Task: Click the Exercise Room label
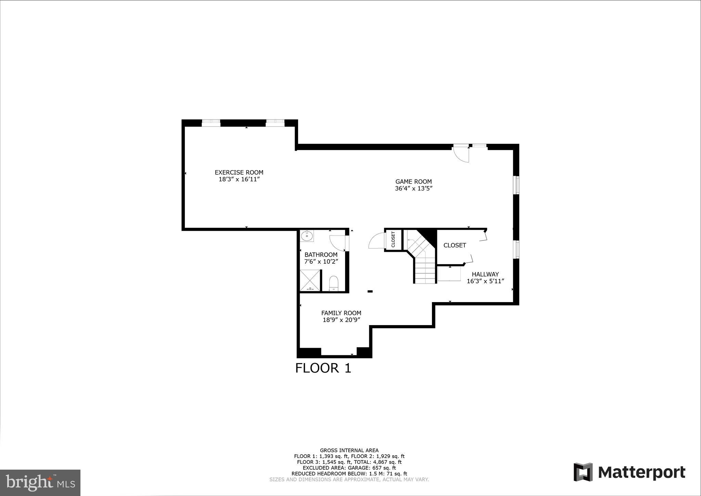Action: (239, 173)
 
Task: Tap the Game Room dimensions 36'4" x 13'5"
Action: (413, 188)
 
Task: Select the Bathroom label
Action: (321, 255)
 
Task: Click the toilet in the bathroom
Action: (333, 284)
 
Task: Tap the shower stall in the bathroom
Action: (310, 281)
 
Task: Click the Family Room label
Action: (341, 313)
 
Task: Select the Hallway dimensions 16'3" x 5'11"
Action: (485, 281)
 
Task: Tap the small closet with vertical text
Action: (393, 239)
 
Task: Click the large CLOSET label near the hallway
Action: (455, 245)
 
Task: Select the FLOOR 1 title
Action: (323, 368)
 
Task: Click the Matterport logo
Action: (629, 472)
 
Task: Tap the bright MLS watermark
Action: (40, 483)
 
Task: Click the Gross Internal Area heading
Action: (349, 450)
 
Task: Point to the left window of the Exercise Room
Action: (211, 123)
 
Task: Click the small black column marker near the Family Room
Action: (370, 292)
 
